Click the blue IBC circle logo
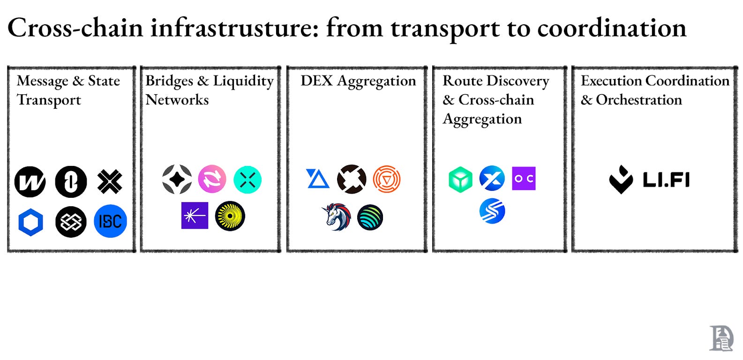coord(110,221)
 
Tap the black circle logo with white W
coord(30,181)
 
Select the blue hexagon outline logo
coord(31,222)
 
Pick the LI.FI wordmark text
coord(666,180)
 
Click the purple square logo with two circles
coord(524,179)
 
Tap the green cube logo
coord(460,180)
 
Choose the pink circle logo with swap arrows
coord(212,179)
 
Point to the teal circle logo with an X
coord(248,180)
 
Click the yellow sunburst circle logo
coord(230,216)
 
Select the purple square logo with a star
coord(195,216)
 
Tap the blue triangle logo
coord(317,179)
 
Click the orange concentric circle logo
coord(387,179)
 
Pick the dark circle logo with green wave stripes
coord(370,217)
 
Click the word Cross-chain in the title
coord(75,28)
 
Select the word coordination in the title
coord(611,28)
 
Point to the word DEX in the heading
coord(316,81)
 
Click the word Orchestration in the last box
coord(638,100)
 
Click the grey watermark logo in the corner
coord(721,338)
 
